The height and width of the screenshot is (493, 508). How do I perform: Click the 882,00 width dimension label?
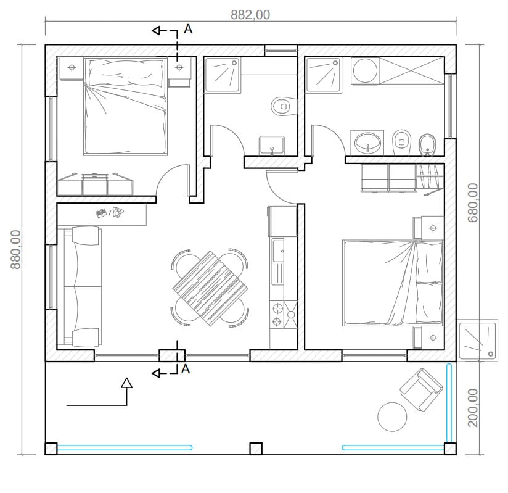250,15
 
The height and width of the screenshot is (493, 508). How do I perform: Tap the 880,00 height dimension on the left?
15,249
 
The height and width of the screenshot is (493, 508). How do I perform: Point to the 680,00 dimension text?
473,203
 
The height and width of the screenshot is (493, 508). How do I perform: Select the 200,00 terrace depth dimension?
473,408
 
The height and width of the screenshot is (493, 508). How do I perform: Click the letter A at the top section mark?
188,29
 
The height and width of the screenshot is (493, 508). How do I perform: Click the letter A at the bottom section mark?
186,369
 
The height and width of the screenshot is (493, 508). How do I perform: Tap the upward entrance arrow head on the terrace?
126,383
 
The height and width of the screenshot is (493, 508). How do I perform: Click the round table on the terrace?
392,416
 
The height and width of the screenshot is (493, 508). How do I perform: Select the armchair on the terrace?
421,389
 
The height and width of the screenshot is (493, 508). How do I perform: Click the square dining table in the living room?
210,288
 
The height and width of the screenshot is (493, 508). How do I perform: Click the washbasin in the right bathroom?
367,143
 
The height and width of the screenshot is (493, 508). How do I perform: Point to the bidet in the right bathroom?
428,144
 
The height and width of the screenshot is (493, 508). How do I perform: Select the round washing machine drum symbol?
365,71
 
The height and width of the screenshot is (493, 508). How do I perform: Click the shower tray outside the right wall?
477,340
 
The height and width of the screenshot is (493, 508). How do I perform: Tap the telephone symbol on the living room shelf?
118,212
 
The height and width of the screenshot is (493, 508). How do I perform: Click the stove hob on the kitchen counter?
284,315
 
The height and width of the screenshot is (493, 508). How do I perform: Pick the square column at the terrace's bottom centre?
256,449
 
